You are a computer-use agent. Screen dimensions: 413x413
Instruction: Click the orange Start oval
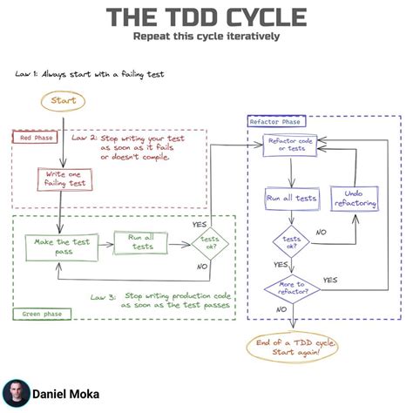click(63, 100)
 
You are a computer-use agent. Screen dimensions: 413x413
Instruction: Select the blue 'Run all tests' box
click(290, 198)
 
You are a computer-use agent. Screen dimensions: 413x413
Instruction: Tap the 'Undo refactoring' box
click(353, 198)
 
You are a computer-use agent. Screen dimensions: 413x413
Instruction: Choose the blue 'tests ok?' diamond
click(290, 240)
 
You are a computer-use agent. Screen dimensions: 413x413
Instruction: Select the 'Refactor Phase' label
click(275, 122)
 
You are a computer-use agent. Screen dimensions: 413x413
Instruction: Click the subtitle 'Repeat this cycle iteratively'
click(206, 37)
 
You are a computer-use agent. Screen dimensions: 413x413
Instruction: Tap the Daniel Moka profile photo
click(16, 393)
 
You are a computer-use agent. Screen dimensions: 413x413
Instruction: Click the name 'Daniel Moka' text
click(65, 394)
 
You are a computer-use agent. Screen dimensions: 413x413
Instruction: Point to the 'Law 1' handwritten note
click(89, 74)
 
